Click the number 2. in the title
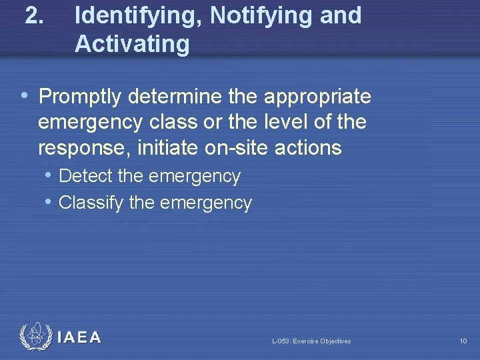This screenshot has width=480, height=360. [35, 15]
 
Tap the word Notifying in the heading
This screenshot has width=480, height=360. [263, 15]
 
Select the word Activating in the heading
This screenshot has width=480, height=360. [132, 45]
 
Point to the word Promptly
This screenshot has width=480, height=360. [80, 97]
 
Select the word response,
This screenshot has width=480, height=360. [84, 148]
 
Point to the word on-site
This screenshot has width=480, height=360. [235, 147]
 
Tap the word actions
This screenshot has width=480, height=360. [307, 147]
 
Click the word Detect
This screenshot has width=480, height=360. [85, 176]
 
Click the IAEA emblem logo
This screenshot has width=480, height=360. [35, 337]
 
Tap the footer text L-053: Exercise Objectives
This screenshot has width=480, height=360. [311, 341]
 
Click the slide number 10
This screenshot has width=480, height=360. [463, 341]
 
